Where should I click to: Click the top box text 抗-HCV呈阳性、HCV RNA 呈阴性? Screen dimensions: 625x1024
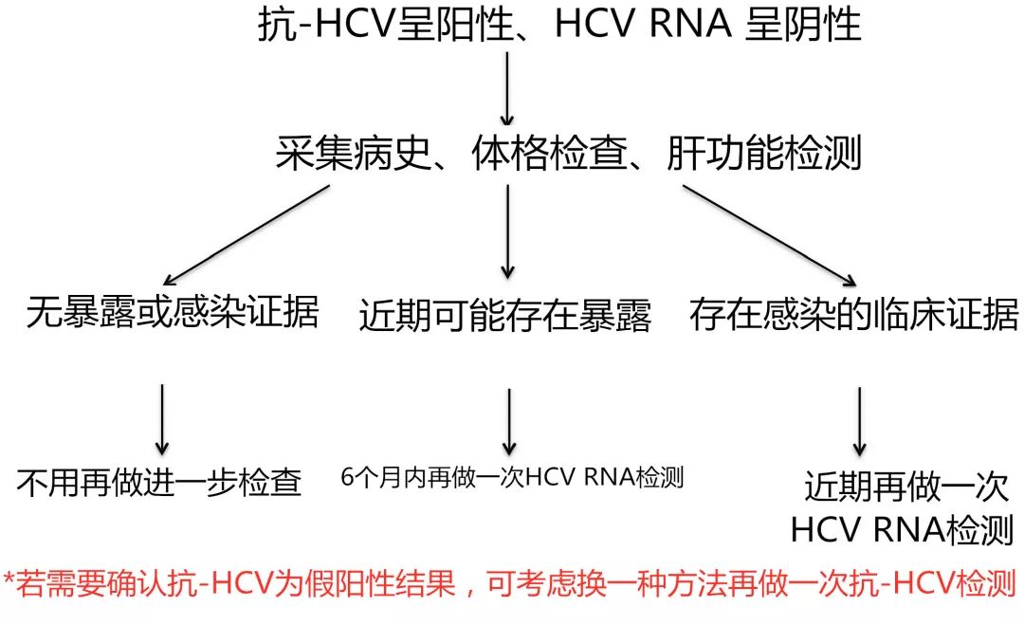point(559,26)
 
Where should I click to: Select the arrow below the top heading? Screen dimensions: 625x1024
point(508,87)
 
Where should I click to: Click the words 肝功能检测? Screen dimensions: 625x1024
point(763,153)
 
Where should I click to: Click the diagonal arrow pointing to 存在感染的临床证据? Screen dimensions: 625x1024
point(770,234)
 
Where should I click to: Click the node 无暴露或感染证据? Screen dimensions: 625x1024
point(173,312)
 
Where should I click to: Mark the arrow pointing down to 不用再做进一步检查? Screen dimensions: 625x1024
point(162,418)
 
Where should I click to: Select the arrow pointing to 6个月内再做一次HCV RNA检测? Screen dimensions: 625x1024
point(509,420)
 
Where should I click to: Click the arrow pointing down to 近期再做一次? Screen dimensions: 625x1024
point(859,420)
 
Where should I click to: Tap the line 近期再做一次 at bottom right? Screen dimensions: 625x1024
point(899,487)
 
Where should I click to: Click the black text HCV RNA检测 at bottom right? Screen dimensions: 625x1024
point(902,530)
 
